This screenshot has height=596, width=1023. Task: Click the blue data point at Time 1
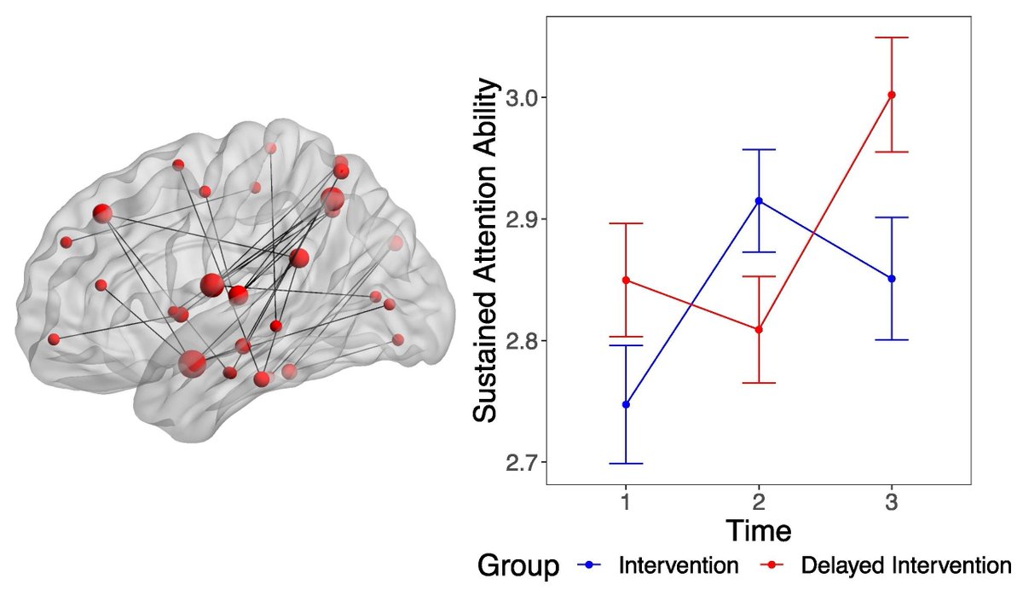pyautogui.click(x=627, y=404)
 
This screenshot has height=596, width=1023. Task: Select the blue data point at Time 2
pyautogui.click(x=759, y=201)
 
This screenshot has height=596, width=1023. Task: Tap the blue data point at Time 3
pyautogui.click(x=892, y=279)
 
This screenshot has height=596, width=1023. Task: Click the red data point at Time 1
pyautogui.click(x=627, y=281)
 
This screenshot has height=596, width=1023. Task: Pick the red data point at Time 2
pyautogui.click(x=759, y=329)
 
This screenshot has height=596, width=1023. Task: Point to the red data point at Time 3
pyautogui.click(x=892, y=95)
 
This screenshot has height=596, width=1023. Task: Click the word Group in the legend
pyautogui.click(x=517, y=566)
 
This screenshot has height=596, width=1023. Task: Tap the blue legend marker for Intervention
pyautogui.click(x=592, y=566)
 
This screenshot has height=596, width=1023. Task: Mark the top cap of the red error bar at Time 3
pyautogui.click(x=892, y=38)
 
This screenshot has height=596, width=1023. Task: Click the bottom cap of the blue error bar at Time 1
pyautogui.click(x=627, y=463)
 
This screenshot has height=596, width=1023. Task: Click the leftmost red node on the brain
pyautogui.click(x=54, y=339)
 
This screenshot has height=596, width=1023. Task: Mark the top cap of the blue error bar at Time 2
pyautogui.click(x=759, y=149)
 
